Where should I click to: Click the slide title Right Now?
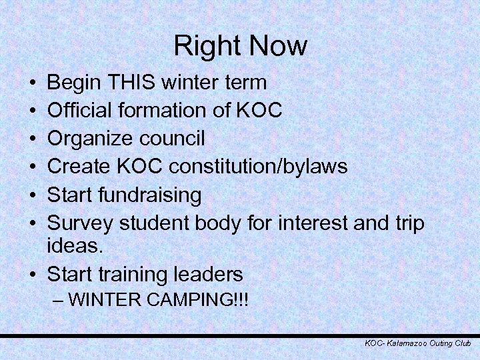pos(240,46)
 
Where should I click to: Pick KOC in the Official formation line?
pos(259,111)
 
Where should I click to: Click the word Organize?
pos(91,139)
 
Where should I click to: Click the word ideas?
pos(76,247)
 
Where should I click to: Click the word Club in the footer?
pos(463,343)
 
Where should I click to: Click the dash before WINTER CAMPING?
pos(58,300)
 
